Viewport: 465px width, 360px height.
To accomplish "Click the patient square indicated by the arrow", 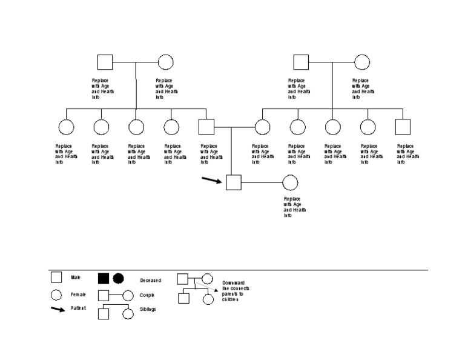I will (234, 182).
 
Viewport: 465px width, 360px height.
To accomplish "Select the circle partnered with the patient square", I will (290, 182).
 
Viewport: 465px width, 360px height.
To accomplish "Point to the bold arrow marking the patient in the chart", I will (212, 179).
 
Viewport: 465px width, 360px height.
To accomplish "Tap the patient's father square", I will (206, 127).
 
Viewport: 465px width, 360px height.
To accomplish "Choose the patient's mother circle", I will (262, 127).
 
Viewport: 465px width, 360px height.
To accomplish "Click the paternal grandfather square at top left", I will (105, 62).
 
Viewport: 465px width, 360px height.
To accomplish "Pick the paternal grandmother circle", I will (165, 62).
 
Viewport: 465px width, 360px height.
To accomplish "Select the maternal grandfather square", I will (301, 62).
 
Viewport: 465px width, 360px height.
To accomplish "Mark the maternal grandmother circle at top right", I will (362, 62).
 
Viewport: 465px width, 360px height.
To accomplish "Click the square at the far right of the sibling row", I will (403, 127).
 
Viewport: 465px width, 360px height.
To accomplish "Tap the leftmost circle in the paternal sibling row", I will (66, 127).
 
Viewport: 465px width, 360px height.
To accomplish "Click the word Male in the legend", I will (76, 278).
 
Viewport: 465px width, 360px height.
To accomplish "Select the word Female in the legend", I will (78, 295).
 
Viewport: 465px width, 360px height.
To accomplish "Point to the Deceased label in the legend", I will (151, 281).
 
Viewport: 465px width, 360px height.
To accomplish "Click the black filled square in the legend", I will (104, 278).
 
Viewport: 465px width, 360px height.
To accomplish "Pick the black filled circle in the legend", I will (118, 278).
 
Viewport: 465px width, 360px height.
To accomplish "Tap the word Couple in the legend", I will (147, 295).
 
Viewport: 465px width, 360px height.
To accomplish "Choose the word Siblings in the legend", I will (148, 309).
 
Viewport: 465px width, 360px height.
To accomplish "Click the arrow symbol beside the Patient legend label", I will (58, 309).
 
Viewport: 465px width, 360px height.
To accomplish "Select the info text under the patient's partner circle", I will (294, 207).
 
